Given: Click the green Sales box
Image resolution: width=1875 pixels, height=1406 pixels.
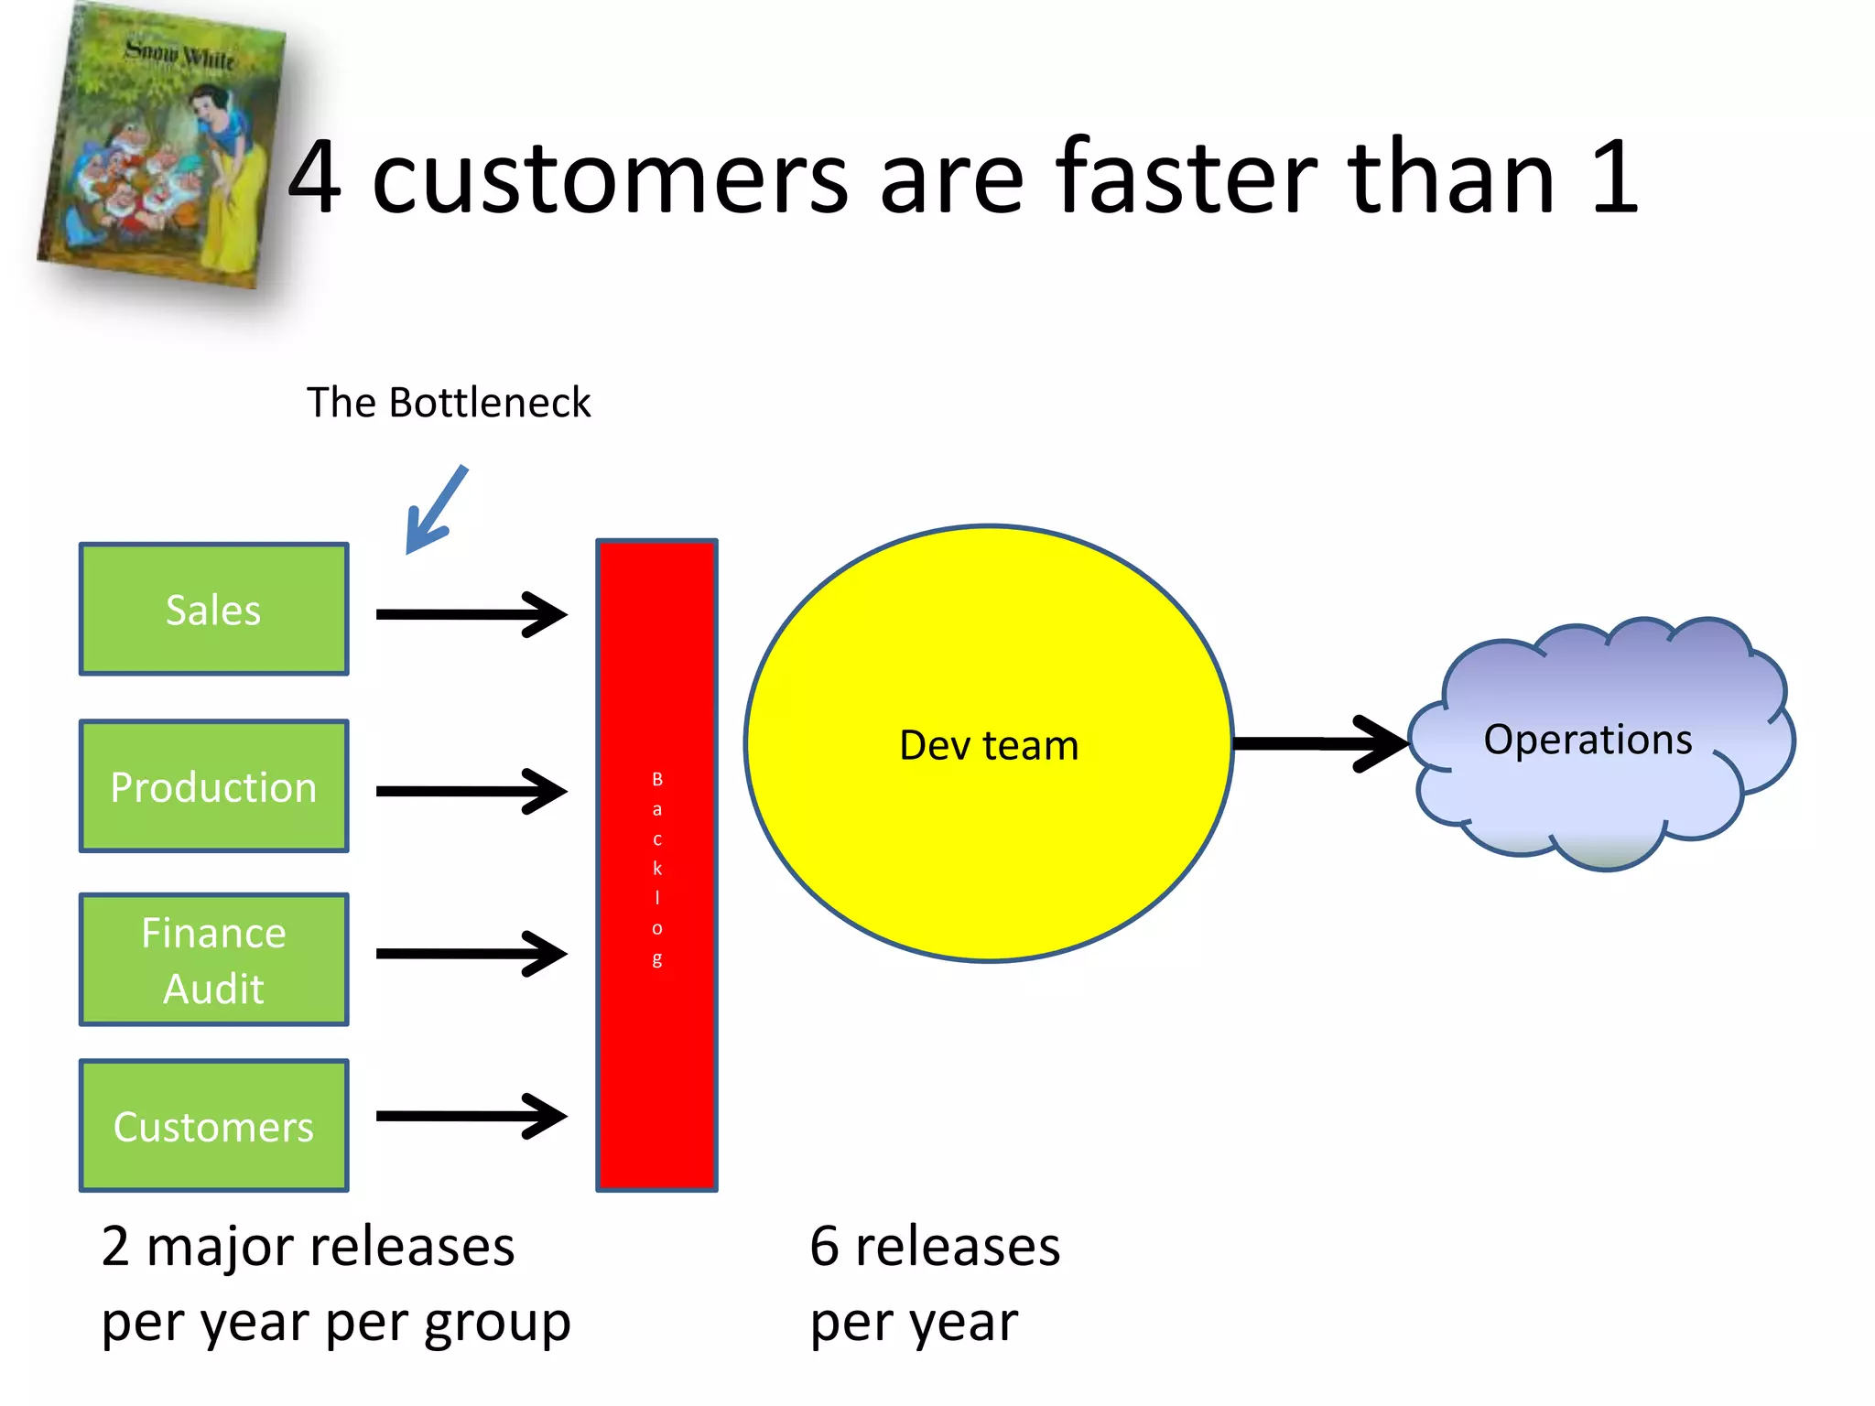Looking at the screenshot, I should [x=213, y=610].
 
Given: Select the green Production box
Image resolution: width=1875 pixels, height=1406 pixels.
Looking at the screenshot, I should [x=213, y=786].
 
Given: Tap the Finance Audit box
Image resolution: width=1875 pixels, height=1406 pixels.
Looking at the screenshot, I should [x=213, y=959].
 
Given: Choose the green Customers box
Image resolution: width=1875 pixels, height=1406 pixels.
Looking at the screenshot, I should [x=213, y=1126].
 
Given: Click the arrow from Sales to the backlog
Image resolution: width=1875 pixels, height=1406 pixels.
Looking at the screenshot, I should [x=471, y=614].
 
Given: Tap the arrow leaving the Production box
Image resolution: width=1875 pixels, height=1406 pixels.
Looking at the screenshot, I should [x=471, y=791].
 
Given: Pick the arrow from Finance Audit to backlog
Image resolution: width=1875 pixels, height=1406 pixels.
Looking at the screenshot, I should [x=471, y=954].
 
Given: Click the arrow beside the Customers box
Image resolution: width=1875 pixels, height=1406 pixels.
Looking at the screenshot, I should [x=471, y=1116].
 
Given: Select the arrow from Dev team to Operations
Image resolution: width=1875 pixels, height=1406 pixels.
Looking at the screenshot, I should [x=1318, y=743].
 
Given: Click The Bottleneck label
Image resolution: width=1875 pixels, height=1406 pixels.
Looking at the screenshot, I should [x=449, y=403].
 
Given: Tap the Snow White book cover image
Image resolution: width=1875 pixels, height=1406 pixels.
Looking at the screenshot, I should [x=160, y=146].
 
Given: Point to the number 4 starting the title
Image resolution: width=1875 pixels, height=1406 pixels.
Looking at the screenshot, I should [x=315, y=178].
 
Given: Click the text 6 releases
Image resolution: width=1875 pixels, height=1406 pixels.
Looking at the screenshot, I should [x=935, y=1247].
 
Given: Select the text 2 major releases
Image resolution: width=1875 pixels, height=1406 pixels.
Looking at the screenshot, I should [x=308, y=1247].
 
